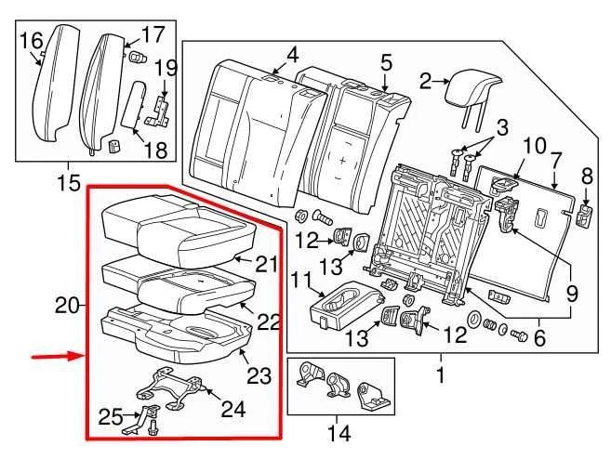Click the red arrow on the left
tap(54, 356)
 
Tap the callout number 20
tap(63, 305)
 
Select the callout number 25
tap(110, 416)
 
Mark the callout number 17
tap(152, 35)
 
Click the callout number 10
tap(533, 145)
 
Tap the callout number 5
tap(386, 63)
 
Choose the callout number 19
tap(166, 67)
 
